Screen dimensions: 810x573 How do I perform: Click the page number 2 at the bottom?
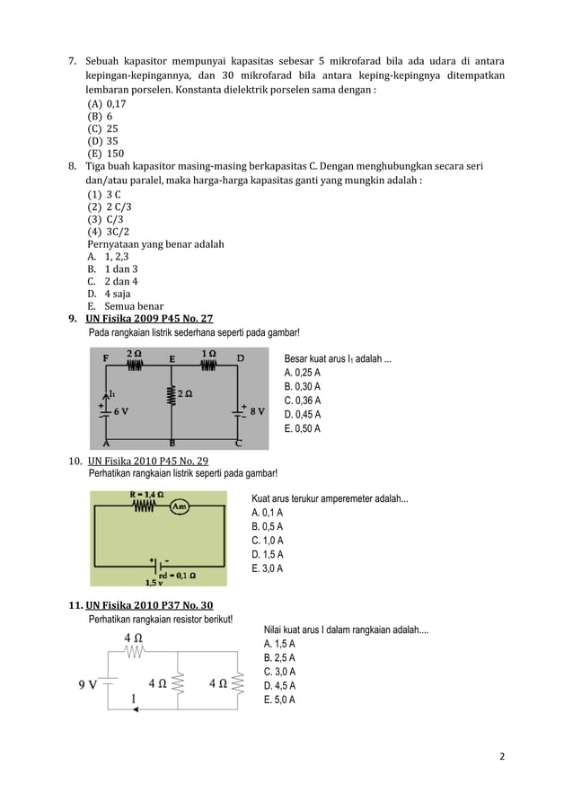click(x=502, y=755)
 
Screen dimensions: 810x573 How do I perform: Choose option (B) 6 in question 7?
click(x=100, y=116)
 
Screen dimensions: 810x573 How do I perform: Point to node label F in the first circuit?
click(x=106, y=357)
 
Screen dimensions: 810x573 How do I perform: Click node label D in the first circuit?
click(x=240, y=357)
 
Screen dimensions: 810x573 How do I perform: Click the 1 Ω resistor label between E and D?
click(x=207, y=353)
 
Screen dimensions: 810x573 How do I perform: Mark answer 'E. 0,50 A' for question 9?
click(x=302, y=428)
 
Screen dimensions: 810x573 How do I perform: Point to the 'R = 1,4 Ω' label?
click(x=146, y=493)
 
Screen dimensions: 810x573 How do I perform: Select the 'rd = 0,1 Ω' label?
click(x=177, y=575)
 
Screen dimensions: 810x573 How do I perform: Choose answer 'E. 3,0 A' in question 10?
click(x=268, y=568)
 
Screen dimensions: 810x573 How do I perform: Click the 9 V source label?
click(x=86, y=682)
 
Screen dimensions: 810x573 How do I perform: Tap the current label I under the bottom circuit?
click(x=134, y=697)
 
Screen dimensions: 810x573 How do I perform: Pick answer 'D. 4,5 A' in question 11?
click(x=279, y=686)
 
